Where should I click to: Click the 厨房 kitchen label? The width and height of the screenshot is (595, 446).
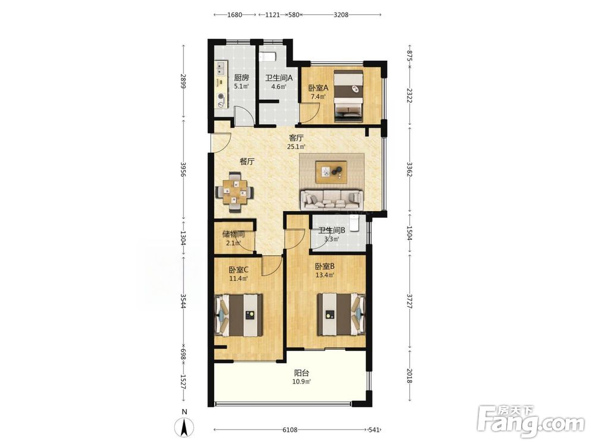[242, 78]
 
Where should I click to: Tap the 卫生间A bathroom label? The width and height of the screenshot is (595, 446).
[279, 78]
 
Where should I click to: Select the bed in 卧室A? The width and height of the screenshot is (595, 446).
[349, 96]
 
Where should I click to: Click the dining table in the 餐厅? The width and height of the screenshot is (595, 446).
[234, 192]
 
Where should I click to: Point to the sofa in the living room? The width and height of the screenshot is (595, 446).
[332, 199]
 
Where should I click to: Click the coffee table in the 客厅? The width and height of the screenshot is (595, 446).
[331, 172]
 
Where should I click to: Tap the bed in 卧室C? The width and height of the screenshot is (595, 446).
[239, 315]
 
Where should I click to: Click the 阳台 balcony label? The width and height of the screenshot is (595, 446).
[302, 373]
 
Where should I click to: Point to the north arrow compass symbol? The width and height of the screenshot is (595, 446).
[184, 426]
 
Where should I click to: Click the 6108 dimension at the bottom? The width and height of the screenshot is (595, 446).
[290, 430]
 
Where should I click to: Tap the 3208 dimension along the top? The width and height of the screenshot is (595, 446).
[341, 15]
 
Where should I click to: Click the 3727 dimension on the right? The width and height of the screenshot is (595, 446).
[409, 300]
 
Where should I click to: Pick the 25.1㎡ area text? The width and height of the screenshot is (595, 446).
[296, 147]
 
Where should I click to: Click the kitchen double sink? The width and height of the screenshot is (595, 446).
[221, 68]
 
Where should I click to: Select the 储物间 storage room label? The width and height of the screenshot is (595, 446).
[233, 234]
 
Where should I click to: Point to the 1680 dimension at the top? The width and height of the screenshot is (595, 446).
[234, 15]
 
